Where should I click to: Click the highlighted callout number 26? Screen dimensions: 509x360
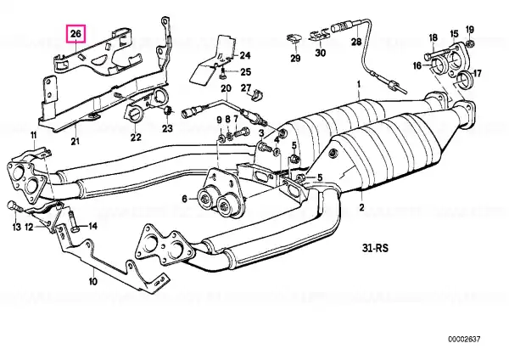click(76, 34)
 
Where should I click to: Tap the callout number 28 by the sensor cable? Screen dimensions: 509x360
click(356, 42)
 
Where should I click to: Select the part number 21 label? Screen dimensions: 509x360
click(75, 141)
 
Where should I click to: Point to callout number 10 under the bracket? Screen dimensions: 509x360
click(93, 281)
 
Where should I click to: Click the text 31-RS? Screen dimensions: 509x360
click(375, 248)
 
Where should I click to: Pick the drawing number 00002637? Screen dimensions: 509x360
click(464, 340)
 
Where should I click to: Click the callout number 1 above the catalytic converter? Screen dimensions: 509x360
click(359, 85)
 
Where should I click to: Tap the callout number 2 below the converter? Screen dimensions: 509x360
click(362, 207)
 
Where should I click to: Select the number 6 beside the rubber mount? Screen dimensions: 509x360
click(184, 199)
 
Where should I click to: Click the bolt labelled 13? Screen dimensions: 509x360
click(13, 205)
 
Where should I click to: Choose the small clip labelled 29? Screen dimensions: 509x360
click(294, 38)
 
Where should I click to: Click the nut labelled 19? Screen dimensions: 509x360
click(469, 43)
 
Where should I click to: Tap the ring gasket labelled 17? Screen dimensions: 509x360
click(463, 79)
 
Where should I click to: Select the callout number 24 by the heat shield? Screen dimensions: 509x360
click(245, 55)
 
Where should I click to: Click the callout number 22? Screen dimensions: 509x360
click(136, 138)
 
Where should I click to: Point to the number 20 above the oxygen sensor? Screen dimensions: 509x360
click(226, 88)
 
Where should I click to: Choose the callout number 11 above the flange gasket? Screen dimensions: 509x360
click(34, 135)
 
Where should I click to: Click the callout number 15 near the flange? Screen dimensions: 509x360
click(454, 34)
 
